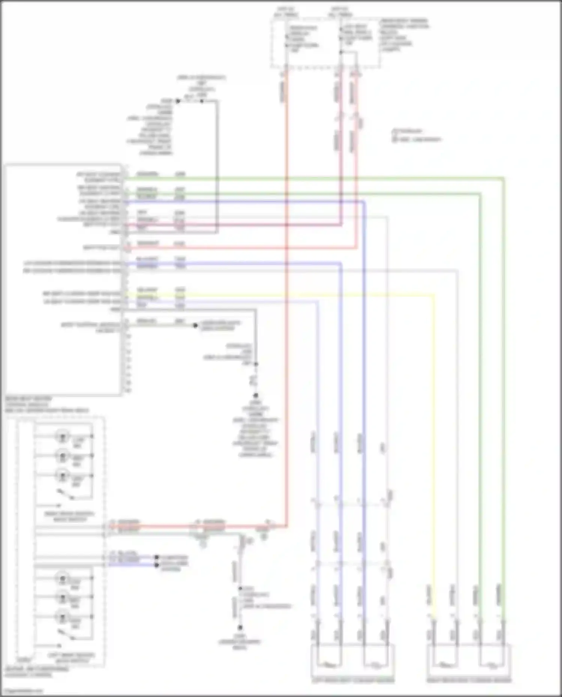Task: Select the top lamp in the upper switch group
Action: click(63, 436)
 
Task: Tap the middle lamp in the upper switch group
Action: click(63, 456)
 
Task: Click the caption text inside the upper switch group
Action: click(69, 516)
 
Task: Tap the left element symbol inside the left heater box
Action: click(329, 665)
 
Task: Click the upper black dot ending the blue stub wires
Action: click(157, 557)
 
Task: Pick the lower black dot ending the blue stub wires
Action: click(157, 564)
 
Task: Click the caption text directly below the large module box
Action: click(47, 405)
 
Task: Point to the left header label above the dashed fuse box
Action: click(286, 12)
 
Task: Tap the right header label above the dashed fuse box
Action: click(340, 12)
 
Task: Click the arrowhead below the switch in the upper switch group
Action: click(59, 505)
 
